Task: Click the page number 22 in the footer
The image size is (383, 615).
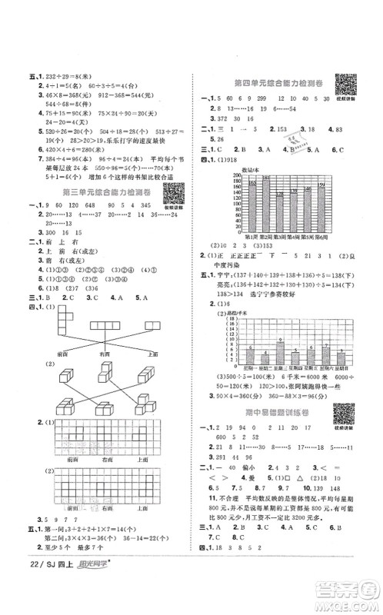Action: (18, 599)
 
